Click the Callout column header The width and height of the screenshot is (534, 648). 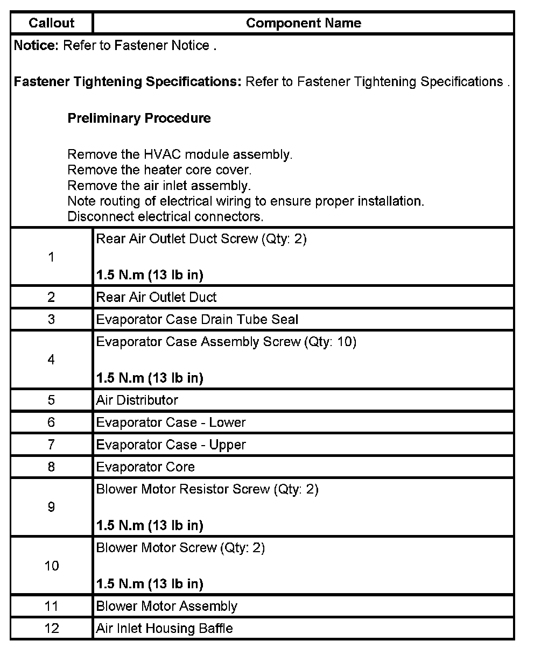click(52, 23)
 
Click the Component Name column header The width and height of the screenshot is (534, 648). click(303, 23)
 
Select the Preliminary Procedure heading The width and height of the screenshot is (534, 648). click(139, 118)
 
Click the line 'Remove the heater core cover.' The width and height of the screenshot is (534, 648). click(159, 171)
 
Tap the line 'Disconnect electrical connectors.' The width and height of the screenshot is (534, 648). click(165, 217)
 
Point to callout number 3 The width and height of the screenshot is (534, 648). click(51, 320)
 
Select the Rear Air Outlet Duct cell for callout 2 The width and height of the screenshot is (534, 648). click(156, 297)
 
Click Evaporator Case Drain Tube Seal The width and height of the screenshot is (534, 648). click(196, 320)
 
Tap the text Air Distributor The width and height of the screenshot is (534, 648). click(137, 400)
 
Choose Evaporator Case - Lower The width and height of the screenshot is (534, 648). click(171, 422)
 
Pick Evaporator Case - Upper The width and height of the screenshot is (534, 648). click(171, 445)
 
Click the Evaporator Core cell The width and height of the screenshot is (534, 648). click(145, 467)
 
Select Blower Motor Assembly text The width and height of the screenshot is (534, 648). click(166, 607)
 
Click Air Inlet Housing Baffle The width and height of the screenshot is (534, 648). click(164, 629)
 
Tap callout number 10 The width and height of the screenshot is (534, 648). click(51, 566)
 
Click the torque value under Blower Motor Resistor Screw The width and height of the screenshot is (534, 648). click(149, 525)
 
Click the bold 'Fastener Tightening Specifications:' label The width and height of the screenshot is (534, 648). click(128, 82)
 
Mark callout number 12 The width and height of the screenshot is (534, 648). click(51, 629)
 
